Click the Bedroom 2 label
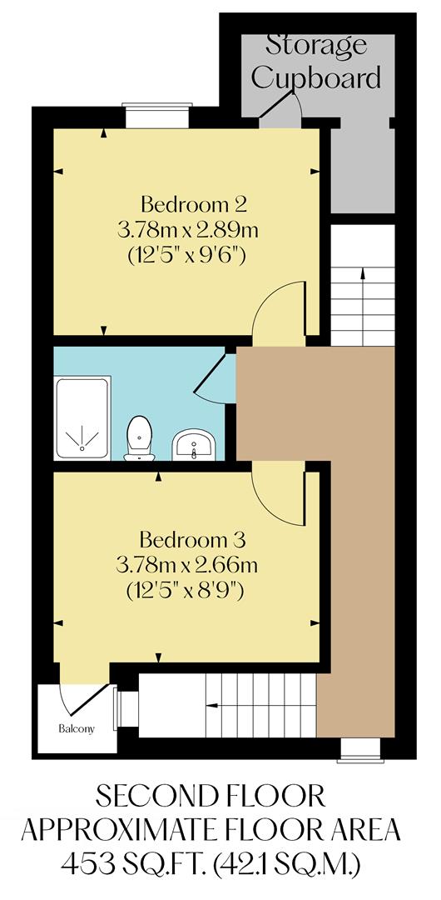pos(195,203)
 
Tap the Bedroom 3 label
pos(192,538)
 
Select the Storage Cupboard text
pos(316,62)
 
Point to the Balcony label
pos(76,728)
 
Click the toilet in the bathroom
pos(140,438)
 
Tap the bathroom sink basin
pos(195,446)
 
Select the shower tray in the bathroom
pos(82,417)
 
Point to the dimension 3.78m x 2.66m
pos(187,565)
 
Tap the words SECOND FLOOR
pos(210,796)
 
